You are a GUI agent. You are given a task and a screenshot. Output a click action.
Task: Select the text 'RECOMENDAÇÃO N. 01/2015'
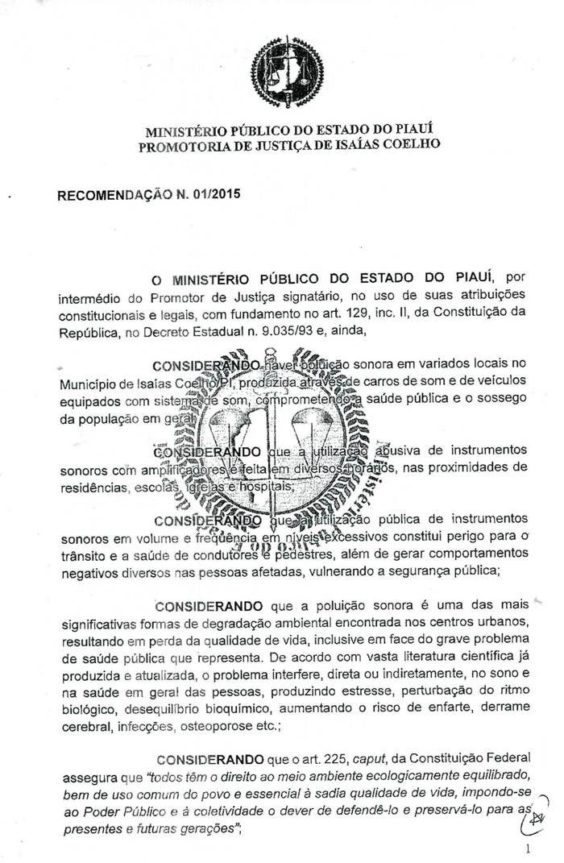(149, 194)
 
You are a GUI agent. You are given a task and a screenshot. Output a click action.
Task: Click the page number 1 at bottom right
(528, 848)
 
